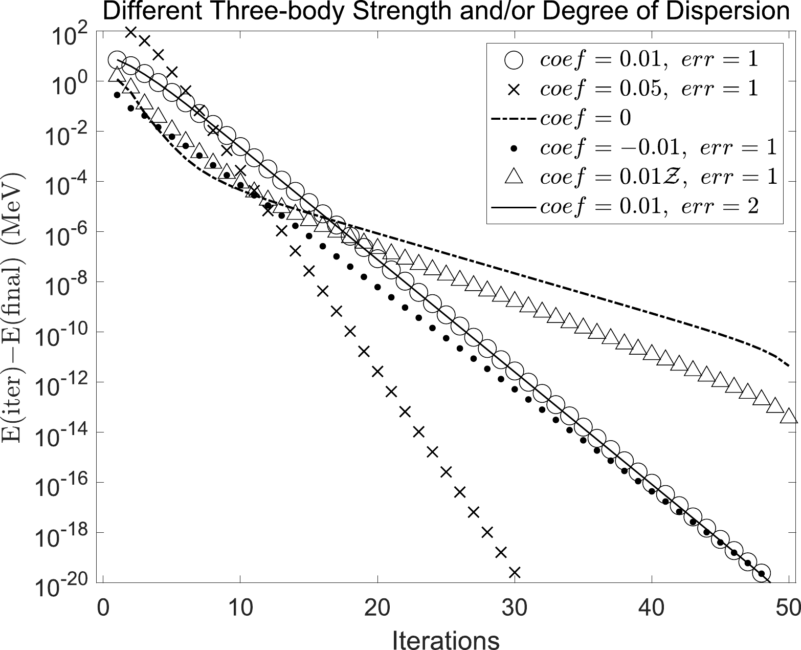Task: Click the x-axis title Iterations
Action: coord(446,639)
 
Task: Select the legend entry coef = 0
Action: coord(586,118)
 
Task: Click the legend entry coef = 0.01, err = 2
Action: coord(649,207)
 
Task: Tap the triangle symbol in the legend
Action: coord(515,177)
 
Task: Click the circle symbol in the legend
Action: coord(515,60)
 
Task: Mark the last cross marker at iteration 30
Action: coord(515,572)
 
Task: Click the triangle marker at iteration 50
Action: coord(789,416)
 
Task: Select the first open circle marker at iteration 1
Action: coord(117,60)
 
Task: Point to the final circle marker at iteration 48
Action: coord(761,574)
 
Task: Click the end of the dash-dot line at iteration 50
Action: coord(789,366)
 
